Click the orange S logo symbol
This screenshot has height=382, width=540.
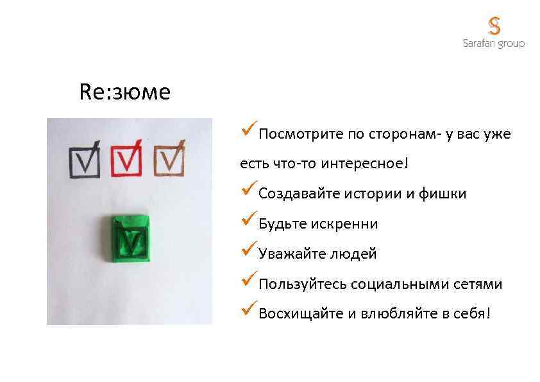coord(494,26)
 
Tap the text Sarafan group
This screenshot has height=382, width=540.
coord(494,44)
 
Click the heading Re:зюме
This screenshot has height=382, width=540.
coord(125,92)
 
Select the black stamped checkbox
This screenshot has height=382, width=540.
coord(85,160)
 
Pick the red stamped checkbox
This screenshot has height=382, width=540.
coord(128,160)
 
